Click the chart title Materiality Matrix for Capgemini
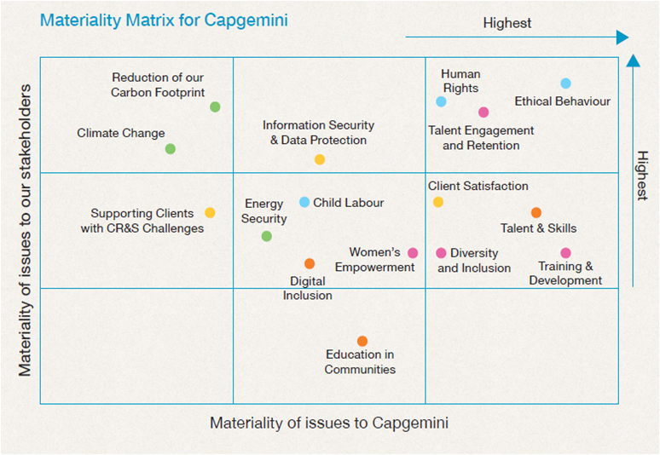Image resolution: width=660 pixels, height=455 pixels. click(x=164, y=20)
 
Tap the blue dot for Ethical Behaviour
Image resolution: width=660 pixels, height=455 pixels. click(x=565, y=84)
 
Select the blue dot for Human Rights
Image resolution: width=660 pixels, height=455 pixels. click(x=441, y=102)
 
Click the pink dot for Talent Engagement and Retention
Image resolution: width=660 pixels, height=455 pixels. click(x=483, y=112)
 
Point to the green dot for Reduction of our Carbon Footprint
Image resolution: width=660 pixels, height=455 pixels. click(x=215, y=107)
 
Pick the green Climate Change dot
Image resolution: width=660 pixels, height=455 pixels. click(x=170, y=149)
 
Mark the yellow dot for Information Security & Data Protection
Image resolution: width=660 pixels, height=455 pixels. click(x=320, y=159)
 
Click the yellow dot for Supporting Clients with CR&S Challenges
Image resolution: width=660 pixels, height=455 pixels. click(x=210, y=213)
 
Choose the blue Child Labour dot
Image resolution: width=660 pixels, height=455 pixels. click(x=304, y=202)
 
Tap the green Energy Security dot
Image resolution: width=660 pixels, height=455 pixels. click(x=266, y=236)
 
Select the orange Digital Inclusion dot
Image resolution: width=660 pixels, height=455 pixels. click(x=310, y=264)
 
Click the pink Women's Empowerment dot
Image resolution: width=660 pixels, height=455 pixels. click(x=413, y=253)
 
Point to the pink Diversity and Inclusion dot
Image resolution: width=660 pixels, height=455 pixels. click(x=441, y=253)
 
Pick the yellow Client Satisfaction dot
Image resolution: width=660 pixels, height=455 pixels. click(x=438, y=203)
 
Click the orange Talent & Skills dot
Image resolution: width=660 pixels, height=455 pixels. click(x=536, y=213)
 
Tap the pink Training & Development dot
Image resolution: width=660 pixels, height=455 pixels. click(x=565, y=253)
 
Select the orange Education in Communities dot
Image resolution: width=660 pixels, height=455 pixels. click(x=362, y=341)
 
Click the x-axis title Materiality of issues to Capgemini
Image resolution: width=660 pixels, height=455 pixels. click(x=329, y=423)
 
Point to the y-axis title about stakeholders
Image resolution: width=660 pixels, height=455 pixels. click(x=26, y=230)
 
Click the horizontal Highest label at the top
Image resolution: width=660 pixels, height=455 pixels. click(x=507, y=23)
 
